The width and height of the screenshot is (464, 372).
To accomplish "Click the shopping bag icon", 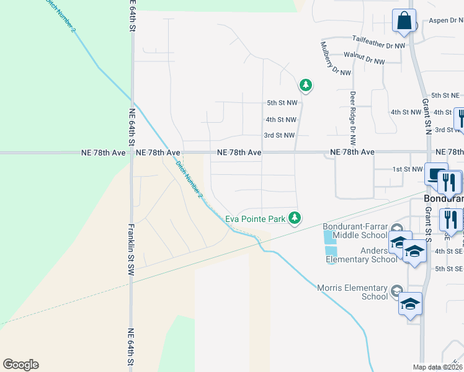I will point(404,20).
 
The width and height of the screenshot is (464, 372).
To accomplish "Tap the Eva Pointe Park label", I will point(254,218).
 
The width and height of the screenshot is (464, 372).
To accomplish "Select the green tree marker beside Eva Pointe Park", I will point(296,218).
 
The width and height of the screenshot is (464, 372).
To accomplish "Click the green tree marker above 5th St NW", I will point(305,84).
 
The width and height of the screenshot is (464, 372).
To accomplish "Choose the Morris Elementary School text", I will point(352,292).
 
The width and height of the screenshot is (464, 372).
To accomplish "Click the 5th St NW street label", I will point(282,102).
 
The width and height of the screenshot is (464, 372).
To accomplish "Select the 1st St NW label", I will point(407,169).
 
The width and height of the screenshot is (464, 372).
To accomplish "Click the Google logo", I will point(20,365).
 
